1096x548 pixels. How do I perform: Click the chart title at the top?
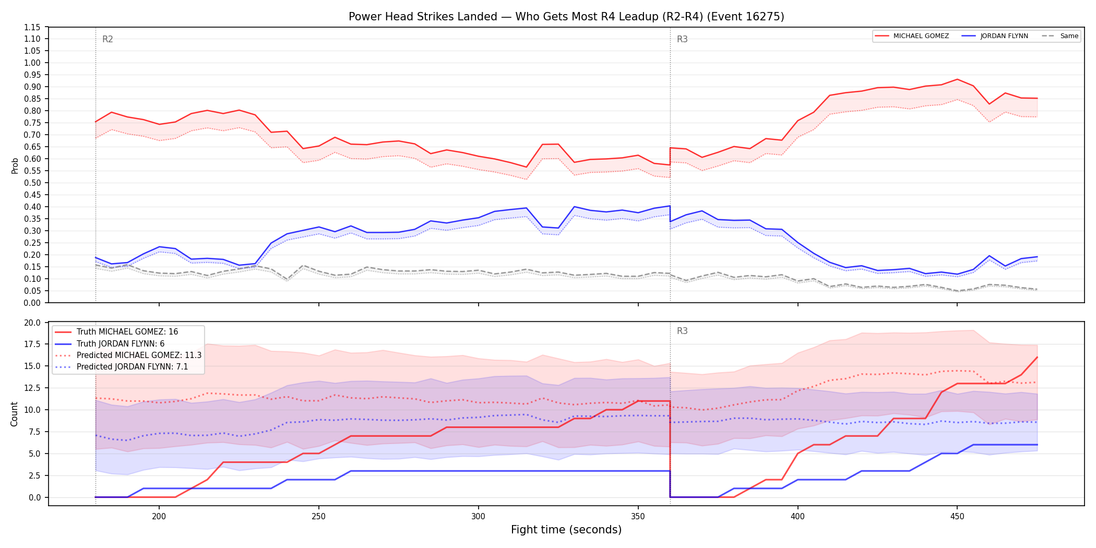click(566, 17)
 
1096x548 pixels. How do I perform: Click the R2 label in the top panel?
click(108, 39)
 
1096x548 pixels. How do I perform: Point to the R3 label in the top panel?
click(682, 39)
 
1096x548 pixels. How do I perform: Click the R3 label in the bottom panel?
click(682, 331)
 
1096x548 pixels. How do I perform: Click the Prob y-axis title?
click(15, 165)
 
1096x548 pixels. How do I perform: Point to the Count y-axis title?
click(14, 414)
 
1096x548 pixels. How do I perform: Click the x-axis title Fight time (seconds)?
click(566, 530)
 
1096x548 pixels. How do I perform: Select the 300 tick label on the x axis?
click(478, 516)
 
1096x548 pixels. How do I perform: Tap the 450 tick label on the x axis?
click(957, 516)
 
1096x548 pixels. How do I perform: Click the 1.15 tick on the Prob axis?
click(32, 27)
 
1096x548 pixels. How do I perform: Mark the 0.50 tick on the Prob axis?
click(32, 183)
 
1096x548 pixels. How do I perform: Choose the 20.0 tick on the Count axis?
click(33, 323)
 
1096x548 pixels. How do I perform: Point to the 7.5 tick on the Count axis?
click(35, 432)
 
